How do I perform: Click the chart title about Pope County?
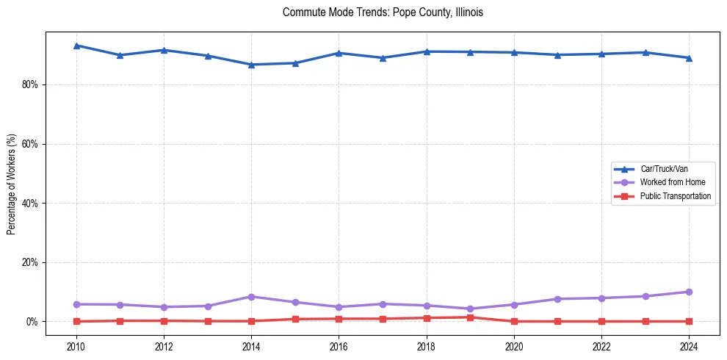click(383, 12)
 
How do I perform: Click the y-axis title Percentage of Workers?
click(11, 184)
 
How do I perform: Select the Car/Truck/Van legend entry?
click(664, 169)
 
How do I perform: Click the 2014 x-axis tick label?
click(251, 346)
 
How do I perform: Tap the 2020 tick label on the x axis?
click(514, 346)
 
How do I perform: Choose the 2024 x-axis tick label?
click(689, 346)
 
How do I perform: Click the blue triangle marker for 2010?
click(76, 46)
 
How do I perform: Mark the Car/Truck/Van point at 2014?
click(251, 65)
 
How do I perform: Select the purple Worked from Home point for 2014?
click(251, 297)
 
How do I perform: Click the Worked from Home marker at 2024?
click(689, 292)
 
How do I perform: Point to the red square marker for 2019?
click(470, 317)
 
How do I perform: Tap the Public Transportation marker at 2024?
click(689, 321)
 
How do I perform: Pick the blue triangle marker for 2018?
click(427, 51)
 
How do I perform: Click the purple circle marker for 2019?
click(470, 309)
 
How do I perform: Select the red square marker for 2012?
click(164, 320)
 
